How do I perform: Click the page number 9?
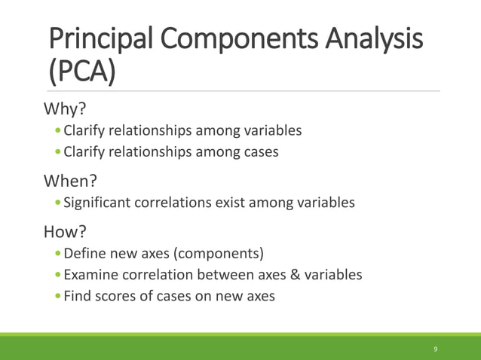pyautogui.click(x=436, y=349)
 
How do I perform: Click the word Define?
pyautogui.click(x=84, y=253)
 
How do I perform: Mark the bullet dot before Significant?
pyautogui.click(x=59, y=203)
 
